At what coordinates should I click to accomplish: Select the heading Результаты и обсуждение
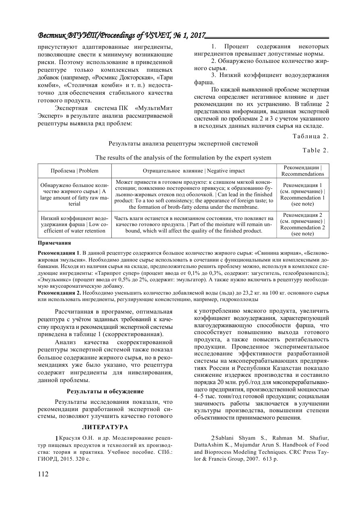coord(105,391)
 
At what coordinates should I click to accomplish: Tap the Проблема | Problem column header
coord(75,171)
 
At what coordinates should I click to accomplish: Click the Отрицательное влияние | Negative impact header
coord(194,171)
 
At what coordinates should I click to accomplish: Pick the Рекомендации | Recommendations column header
coord(302,171)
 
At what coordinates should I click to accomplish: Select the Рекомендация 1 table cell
coord(302,195)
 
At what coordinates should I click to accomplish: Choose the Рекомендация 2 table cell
coord(302,224)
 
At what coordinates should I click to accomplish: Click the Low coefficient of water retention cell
coord(75,228)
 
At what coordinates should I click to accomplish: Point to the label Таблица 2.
coord(311,136)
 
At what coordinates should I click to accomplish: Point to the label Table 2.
coord(316,150)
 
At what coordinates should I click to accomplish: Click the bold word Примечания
coord(54,243)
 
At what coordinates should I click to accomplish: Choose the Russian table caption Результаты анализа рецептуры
coord(183,143)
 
